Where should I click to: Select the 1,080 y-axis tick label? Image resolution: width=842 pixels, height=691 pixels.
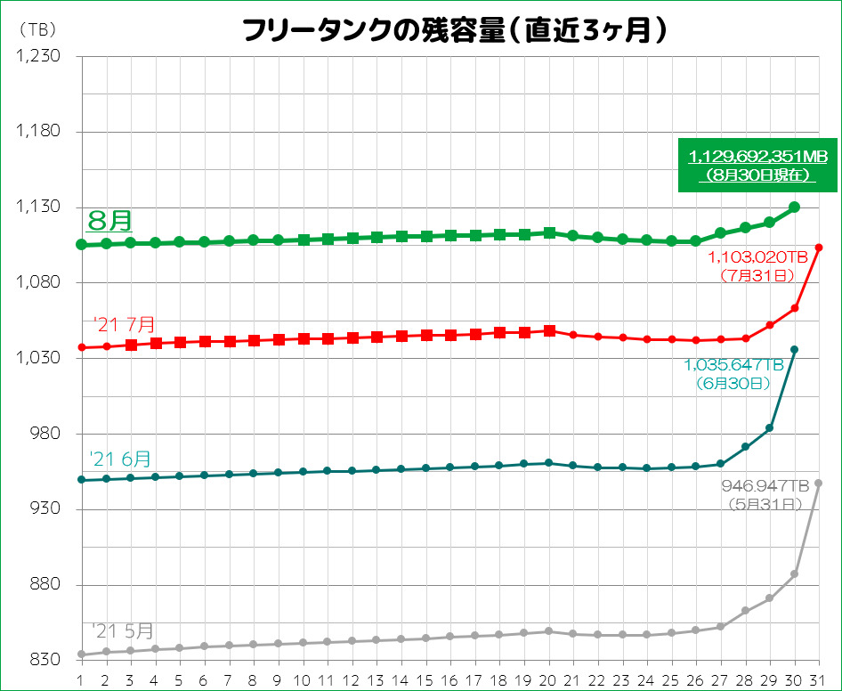pyautogui.click(x=38, y=283)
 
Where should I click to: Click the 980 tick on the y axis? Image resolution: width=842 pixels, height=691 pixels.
pyautogui.click(x=44, y=435)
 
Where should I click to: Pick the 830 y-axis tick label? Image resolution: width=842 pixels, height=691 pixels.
pyautogui.click(x=44, y=661)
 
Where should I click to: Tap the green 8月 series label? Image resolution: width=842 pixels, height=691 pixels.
pyautogui.click(x=109, y=219)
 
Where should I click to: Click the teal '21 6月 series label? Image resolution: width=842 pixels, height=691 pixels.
pyautogui.click(x=120, y=459)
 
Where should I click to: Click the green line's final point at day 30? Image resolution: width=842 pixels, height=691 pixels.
pyautogui.click(x=795, y=207)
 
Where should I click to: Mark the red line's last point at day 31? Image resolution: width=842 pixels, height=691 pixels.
pyautogui.click(x=819, y=247)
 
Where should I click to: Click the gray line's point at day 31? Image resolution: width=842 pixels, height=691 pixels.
pyautogui.click(x=819, y=484)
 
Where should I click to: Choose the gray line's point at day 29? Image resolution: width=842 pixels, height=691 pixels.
pyautogui.click(x=770, y=598)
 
